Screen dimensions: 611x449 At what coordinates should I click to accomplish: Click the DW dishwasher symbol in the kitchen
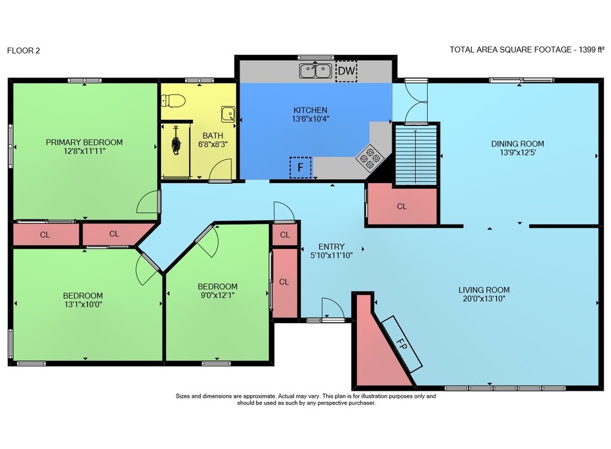[x=346, y=71]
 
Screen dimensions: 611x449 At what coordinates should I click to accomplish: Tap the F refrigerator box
[x=301, y=167]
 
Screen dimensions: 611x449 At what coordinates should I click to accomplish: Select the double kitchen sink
[x=316, y=71]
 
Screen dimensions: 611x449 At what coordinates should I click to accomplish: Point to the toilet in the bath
[x=173, y=101]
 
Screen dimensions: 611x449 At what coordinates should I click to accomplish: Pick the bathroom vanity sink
[x=229, y=114]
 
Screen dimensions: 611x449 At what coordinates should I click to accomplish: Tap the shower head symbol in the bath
[x=176, y=142]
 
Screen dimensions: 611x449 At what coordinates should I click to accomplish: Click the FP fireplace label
[x=401, y=344]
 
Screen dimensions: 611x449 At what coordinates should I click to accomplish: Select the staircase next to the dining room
[x=415, y=155]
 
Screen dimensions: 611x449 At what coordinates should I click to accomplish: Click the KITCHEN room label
[x=310, y=110]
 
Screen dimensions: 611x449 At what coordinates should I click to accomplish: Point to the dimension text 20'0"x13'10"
[x=484, y=299]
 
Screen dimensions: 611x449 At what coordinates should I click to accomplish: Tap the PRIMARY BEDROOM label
[x=84, y=142]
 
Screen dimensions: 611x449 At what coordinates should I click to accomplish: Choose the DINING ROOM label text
[x=518, y=144]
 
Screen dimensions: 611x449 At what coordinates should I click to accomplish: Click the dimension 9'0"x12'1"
[x=218, y=295]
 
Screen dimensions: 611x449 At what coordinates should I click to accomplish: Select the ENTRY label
[x=332, y=246]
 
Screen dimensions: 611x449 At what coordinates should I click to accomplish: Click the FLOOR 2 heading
[x=23, y=50]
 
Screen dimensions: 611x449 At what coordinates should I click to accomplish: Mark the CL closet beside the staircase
[x=402, y=205]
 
